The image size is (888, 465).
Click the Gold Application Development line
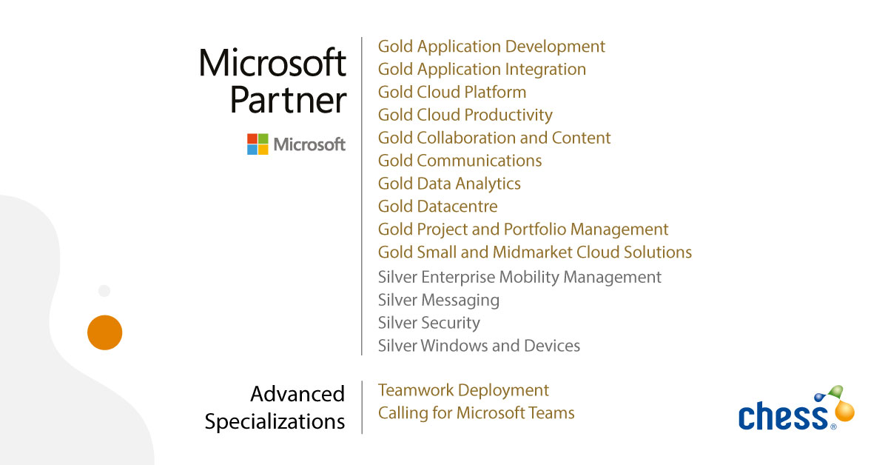point(491,47)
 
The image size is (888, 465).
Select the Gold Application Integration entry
point(482,70)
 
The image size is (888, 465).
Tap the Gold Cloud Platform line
point(452,93)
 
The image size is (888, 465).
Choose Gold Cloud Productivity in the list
point(465,116)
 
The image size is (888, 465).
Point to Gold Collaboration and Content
point(494,138)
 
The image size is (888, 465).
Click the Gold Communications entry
point(460,161)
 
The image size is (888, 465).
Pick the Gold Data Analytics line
point(449,184)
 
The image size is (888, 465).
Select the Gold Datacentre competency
point(437,207)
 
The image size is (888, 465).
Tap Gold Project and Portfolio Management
point(523,230)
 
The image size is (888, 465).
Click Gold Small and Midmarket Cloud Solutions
point(535,252)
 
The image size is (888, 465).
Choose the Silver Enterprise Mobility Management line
point(519,278)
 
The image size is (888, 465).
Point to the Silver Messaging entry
point(438,301)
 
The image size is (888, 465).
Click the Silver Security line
point(428,324)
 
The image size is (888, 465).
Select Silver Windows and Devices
point(479,347)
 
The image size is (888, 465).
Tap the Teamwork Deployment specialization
point(463,390)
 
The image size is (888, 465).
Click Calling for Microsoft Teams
point(476,413)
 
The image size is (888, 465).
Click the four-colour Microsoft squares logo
point(258,144)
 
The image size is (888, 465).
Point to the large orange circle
point(104,332)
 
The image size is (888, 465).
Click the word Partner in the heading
point(288,100)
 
